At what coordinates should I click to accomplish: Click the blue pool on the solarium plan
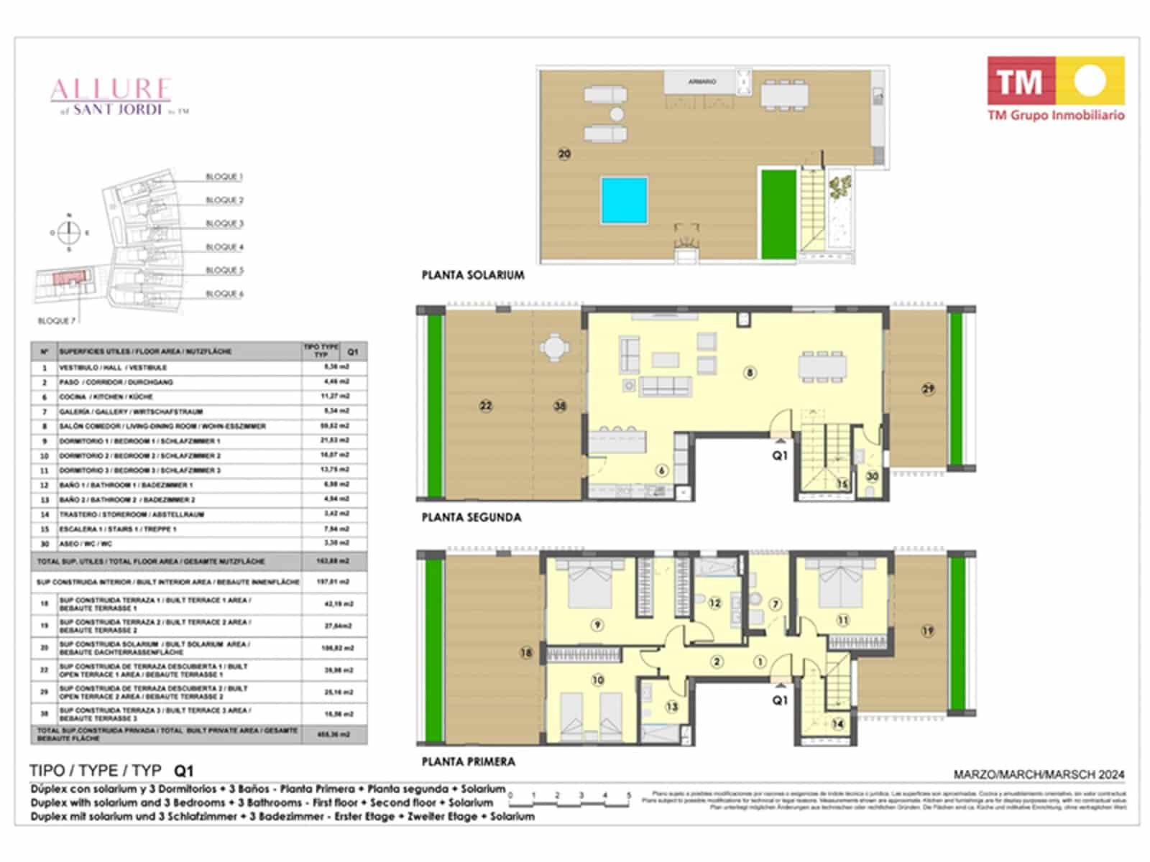coord(625,200)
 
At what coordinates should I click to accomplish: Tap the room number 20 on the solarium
coord(564,154)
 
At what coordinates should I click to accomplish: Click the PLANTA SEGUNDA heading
coord(471,517)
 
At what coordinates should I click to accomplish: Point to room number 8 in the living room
coord(750,373)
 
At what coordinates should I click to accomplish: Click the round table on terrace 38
coord(553,349)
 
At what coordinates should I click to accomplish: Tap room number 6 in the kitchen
coord(662,471)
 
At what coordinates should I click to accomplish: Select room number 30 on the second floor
coord(872,476)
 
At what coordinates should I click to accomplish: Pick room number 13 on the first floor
coord(671,707)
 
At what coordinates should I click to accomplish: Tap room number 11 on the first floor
coord(842,620)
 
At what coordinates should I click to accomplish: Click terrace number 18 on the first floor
coord(527,653)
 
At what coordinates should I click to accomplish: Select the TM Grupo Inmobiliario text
coord(1055,115)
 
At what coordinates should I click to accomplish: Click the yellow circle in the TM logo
coord(1090,80)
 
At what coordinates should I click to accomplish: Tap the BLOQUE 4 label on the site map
coord(224,247)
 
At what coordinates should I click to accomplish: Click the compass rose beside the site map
coord(69,232)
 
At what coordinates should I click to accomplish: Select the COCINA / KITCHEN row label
coord(106,397)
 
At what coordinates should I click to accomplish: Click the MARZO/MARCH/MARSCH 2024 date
coord(1039,774)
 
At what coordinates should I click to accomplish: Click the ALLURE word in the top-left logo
coord(111,89)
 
